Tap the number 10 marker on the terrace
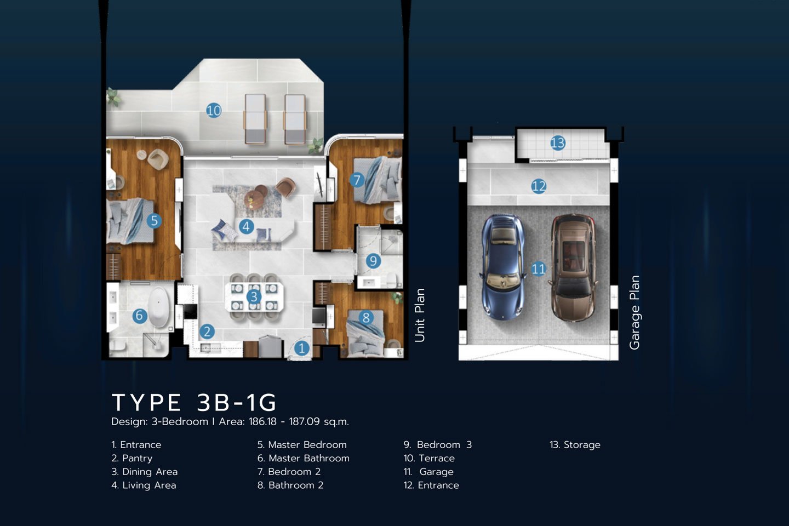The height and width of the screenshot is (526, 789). (214, 111)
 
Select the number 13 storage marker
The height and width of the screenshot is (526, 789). (558, 143)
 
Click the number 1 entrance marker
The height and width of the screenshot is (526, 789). (301, 348)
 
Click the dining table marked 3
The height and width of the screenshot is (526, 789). (254, 297)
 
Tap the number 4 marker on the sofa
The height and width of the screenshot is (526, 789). (246, 226)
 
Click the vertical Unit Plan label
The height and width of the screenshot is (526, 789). (419, 315)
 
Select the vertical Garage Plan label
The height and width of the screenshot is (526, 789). (634, 312)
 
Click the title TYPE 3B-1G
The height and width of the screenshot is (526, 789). (194, 402)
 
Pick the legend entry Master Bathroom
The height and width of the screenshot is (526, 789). (304, 458)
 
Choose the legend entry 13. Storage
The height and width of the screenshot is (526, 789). (575, 445)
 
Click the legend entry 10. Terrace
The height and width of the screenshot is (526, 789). (429, 458)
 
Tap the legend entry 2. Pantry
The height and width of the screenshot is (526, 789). (132, 459)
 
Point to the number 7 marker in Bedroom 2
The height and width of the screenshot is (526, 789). (357, 180)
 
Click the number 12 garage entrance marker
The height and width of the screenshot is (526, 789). (539, 186)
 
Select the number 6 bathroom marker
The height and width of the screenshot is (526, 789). (140, 315)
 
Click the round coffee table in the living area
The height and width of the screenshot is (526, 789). (254, 199)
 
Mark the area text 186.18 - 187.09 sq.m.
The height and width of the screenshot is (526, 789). (299, 422)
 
